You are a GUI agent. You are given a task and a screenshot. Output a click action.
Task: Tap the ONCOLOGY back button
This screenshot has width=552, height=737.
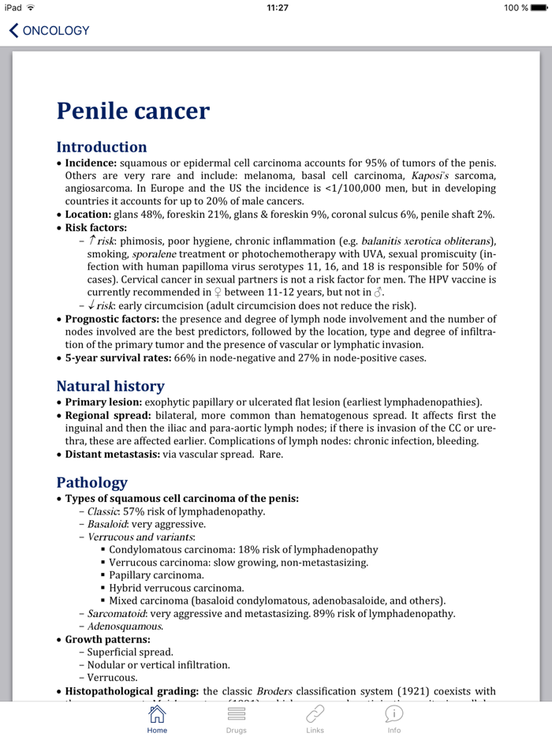49,31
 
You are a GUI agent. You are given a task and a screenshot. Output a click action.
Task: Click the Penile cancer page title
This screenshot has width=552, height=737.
132,110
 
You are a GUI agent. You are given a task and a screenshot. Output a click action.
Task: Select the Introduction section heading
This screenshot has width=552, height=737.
102,147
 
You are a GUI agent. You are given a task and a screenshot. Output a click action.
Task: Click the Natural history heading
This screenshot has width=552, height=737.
110,386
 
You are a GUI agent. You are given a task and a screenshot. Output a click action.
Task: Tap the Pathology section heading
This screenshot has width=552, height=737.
91,481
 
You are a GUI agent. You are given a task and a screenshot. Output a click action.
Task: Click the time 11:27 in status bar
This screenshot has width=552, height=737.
277,7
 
